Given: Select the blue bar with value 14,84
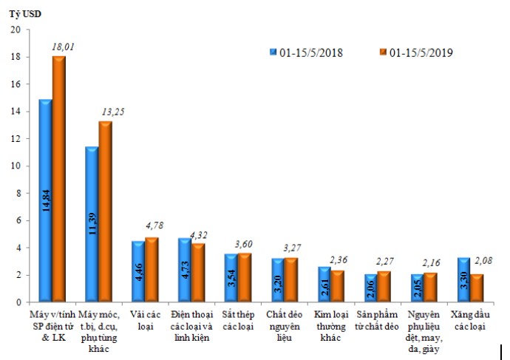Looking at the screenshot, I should pyautogui.click(x=45, y=201).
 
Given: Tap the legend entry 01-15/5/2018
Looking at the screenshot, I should pyautogui.click(x=305, y=52).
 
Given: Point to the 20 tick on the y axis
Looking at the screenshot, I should pyautogui.click(x=16, y=30).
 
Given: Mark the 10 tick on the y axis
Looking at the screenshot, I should pyautogui.click(x=16, y=166).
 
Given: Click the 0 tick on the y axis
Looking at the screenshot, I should pyautogui.click(x=18, y=302).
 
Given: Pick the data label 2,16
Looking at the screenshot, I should pyautogui.click(x=429, y=262).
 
